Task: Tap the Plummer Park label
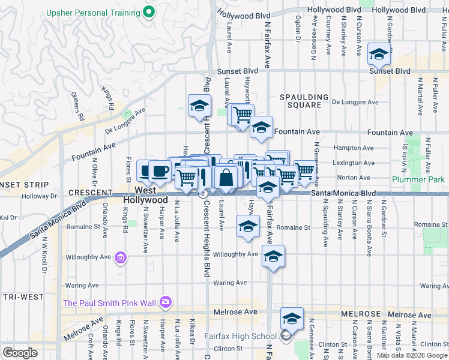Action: pos(418,179)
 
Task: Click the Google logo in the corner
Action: pos(19,352)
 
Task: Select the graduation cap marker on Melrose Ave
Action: pos(292,319)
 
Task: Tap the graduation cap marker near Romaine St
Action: pos(247,227)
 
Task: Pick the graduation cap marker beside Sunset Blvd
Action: pos(379,55)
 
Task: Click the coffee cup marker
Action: pos(159,171)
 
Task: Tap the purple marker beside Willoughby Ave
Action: pos(120,258)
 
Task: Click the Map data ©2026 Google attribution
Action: pos(412,355)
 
